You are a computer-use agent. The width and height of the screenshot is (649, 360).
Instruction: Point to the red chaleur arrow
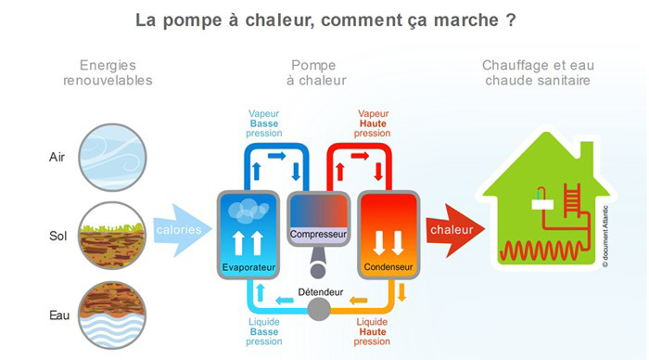click(453, 229)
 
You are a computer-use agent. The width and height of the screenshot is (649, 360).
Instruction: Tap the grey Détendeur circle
click(318, 309)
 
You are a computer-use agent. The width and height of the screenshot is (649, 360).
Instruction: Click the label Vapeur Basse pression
click(263, 123)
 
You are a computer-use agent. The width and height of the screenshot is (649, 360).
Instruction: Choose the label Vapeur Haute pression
click(372, 123)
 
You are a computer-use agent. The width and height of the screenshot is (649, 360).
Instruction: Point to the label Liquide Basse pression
click(263, 331)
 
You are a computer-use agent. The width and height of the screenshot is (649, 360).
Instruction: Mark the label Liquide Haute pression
click(372, 331)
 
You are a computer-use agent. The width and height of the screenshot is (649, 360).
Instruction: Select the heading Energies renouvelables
click(108, 72)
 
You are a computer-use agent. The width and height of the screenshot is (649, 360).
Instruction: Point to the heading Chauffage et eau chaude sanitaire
click(538, 72)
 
